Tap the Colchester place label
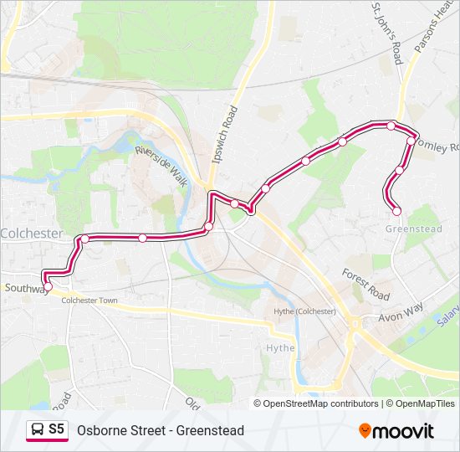[x=32, y=234]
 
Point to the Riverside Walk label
[x=161, y=163]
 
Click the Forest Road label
[x=365, y=285]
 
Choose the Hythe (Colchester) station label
[x=304, y=311]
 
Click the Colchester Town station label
[x=89, y=300]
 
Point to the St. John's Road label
[x=387, y=32]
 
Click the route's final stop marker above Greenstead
[x=396, y=211]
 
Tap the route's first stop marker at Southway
[x=48, y=286]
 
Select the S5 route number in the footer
[x=56, y=429]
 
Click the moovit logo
[x=396, y=430]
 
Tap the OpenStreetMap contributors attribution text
[x=321, y=403]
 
